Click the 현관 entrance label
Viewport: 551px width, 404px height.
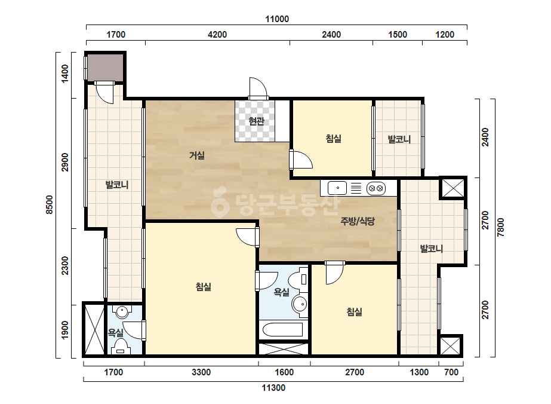click(256, 121)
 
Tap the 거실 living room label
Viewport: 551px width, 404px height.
click(197, 155)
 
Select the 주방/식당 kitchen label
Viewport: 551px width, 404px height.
click(358, 221)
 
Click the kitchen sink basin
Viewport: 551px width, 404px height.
click(337, 188)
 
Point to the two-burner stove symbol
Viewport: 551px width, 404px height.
click(376, 188)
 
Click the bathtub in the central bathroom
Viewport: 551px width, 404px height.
click(283, 330)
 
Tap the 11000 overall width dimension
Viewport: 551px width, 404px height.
click(277, 19)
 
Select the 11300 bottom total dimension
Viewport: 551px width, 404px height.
click(273, 388)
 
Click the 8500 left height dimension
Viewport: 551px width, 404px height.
click(50, 205)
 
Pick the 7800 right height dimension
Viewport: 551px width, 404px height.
click(501, 227)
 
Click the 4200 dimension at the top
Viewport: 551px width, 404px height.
click(217, 35)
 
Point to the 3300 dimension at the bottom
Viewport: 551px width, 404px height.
click(201, 372)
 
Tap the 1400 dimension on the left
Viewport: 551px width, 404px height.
click(65, 74)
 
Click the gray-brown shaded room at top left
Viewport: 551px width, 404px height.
click(105, 68)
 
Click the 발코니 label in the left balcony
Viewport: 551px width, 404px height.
click(117, 185)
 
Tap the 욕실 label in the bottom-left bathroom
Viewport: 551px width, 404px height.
click(116, 332)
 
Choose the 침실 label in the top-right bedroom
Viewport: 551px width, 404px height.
click(334, 138)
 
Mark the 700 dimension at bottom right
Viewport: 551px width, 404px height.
click(451, 372)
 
